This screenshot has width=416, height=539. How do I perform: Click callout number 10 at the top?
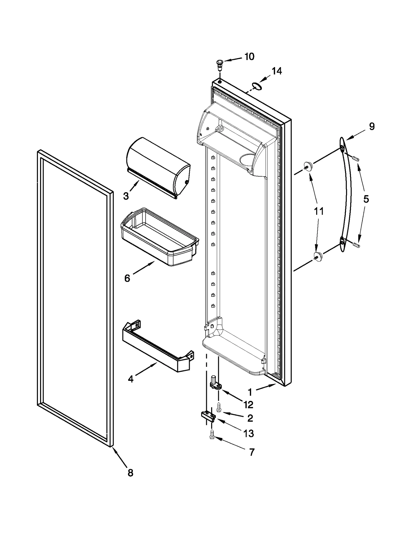tap(249, 56)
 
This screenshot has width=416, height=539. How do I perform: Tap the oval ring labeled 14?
tap(256, 86)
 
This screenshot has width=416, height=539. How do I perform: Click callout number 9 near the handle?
tap(372, 127)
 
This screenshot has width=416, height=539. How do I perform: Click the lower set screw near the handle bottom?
tap(356, 245)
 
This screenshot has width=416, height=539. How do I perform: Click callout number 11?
tap(319, 211)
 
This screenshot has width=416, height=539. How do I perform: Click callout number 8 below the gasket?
tap(130, 472)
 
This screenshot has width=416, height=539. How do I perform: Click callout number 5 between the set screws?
tap(366, 199)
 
